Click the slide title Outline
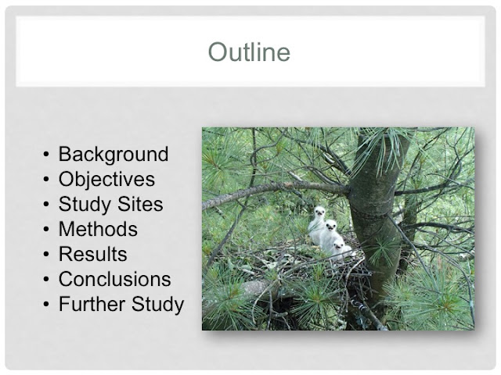click(249, 52)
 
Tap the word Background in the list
click(114, 155)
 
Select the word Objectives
click(106, 180)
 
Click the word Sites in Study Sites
click(140, 204)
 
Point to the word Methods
click(98, 229)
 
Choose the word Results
click(93, 254)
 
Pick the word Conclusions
click(115, 279)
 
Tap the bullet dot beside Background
click(46, 155)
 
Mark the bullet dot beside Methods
click(46, 230)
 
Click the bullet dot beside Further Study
click(46, 304)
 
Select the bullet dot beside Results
click(46, 255)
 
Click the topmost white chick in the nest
click(317, 223)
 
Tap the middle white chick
click(330, 235)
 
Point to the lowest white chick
click(341, 249)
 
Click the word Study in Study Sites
click(85, 205)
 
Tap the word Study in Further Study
click(157, 305)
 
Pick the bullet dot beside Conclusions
click(46, 280)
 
